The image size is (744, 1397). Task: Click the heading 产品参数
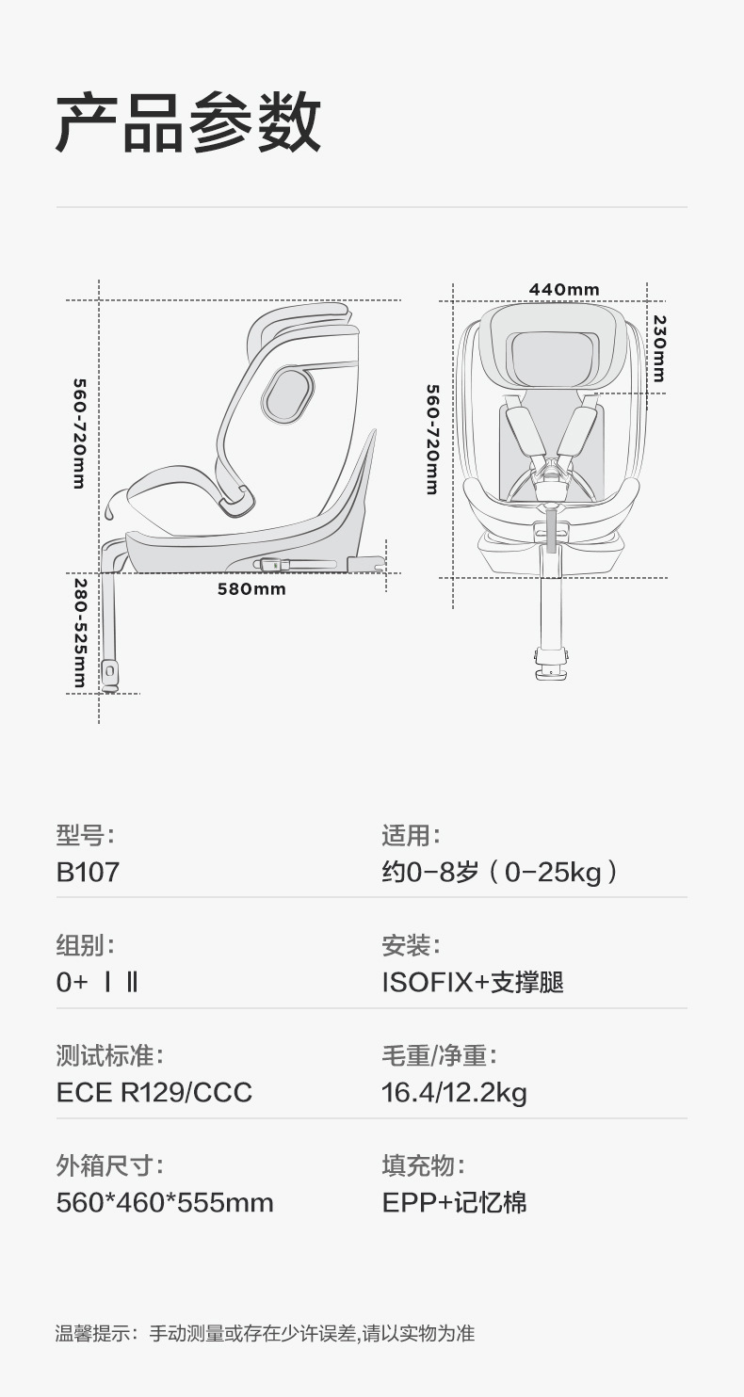(188, 123)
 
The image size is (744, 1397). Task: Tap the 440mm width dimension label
(564, 289)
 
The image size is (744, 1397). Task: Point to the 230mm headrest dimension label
(659, 347)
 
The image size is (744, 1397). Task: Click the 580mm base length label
(251, 589)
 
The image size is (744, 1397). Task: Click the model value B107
(89, 871)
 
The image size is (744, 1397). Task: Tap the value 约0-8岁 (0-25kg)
(500, 871)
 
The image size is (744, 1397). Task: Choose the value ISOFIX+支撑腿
(473, 982)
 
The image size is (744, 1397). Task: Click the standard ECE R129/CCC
(154, 1092)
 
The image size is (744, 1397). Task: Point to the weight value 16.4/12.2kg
(454, 1092)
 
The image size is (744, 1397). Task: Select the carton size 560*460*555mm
(165, 1202)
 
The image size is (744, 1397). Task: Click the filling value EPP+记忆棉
(454, 1202)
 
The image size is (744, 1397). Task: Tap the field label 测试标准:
(109, 1055)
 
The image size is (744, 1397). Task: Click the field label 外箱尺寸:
(109, 1165)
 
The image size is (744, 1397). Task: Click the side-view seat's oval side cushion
(287, 394)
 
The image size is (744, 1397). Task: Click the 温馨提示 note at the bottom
(265, 1333)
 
